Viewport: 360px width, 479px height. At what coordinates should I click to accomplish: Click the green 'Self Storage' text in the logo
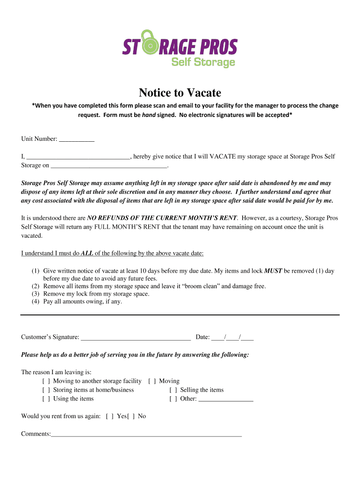[x=203, y=62]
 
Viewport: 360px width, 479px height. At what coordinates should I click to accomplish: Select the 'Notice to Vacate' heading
[x=180, y=93]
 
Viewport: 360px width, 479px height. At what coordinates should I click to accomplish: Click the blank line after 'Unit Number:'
[x=77, y=139]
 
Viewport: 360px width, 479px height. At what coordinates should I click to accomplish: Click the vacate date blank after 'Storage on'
[x=108, y=166]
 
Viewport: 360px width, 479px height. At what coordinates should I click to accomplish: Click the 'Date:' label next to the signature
[x=202, y=337]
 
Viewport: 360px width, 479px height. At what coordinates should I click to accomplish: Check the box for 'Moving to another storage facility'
[x=46, y=381]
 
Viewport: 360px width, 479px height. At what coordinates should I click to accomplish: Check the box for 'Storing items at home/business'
[x=46, y=390]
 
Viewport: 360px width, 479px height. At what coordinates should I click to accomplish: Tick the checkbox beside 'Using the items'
[x=46, y=399]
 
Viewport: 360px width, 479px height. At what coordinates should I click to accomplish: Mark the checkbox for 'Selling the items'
[x=173, y=390]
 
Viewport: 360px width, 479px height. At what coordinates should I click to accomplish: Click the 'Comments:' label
[x=36, y=434]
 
